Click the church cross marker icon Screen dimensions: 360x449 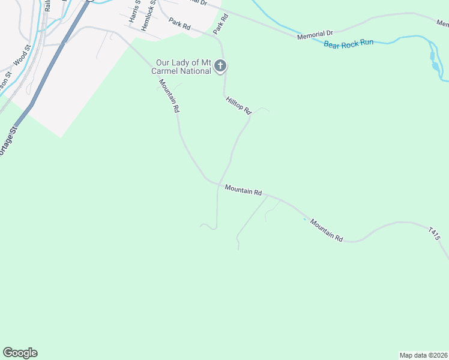point(220,66)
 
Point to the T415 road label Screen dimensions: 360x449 point(435,234)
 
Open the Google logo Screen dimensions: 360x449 point(20,353)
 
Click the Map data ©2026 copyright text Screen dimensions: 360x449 point(424,355)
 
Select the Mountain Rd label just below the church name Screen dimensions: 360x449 point(169,96)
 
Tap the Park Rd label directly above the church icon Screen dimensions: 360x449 point(221,23)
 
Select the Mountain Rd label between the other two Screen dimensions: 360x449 point(243,191)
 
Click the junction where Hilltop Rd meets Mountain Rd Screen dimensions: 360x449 point(218,184)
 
